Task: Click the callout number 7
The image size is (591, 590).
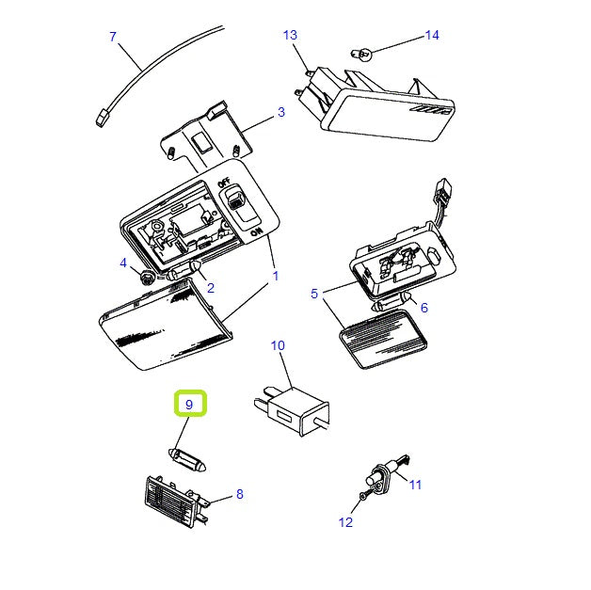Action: coord(113,37)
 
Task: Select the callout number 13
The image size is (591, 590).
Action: coord(290,35)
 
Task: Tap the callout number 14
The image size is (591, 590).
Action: coord(432,35)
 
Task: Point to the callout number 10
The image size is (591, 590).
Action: coord(278,345)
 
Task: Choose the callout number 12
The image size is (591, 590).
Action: coord(345,522)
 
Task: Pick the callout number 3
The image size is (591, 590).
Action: coord(280,113)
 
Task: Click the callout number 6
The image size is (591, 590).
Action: coord(423,307)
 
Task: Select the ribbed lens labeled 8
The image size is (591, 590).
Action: coord(174,499)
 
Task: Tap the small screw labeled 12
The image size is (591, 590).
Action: coord(361,496)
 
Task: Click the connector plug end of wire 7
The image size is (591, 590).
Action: coord(101,117)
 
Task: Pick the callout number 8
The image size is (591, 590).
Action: coord(239,493)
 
